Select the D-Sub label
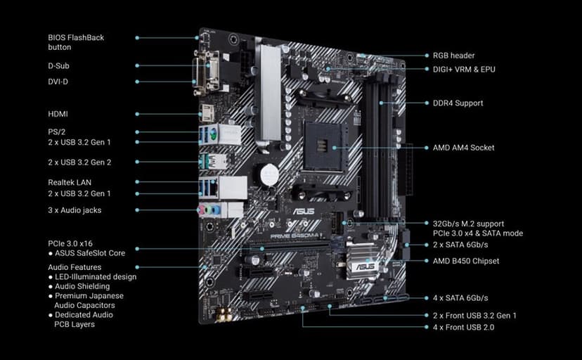click(58, 65)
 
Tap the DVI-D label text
click(58, 82)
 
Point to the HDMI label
click(58, 114)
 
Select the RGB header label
click(453, 56)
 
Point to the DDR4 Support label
click(458, 103)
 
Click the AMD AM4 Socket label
click(463, 148)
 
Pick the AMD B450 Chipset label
click(466, 261)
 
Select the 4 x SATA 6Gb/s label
click(460, 298)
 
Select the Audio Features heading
click(75, 267)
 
